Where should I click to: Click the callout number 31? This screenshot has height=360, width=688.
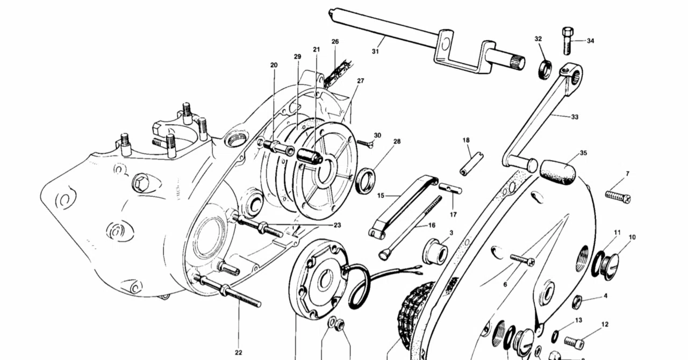(375, 52)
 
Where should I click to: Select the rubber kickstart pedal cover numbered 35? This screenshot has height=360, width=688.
(557, 172)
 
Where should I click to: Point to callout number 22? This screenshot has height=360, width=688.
(238, 352)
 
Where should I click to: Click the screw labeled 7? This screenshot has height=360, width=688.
(618, 197)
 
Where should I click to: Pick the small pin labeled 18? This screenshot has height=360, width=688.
(472, 164)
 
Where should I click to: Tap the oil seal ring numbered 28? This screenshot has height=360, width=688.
(365, 181)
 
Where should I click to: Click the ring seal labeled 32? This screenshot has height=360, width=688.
(545, 70)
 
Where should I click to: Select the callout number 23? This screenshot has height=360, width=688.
(337, 225)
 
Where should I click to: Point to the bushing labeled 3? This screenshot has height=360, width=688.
(435, 251)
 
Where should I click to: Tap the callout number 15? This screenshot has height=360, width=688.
(381, 196)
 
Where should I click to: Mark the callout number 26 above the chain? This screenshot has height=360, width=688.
(335, 41)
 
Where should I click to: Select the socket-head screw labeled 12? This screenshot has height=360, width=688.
(574, 342)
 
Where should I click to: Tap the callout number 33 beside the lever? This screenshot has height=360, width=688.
(575, 117)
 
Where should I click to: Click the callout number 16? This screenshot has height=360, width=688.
(432, 225)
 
